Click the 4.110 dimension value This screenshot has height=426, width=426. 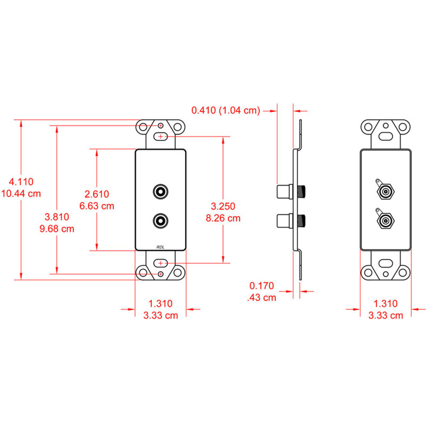21,181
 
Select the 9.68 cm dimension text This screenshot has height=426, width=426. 57,229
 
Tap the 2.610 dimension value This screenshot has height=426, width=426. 97,194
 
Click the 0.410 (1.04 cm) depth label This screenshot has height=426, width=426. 225,111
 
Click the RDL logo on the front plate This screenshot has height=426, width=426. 160,246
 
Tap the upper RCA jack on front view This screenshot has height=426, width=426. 161,191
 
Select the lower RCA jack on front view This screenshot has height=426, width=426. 161,221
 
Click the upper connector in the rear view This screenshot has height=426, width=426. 385,193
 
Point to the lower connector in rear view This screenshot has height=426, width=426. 385,221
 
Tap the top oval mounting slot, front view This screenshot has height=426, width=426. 161,137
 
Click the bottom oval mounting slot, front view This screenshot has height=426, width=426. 161,263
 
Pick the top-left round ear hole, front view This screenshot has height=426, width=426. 144,127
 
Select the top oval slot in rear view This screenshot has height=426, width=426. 386,137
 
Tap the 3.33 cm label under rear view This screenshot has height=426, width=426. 385,315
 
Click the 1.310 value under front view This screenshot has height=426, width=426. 160,304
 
